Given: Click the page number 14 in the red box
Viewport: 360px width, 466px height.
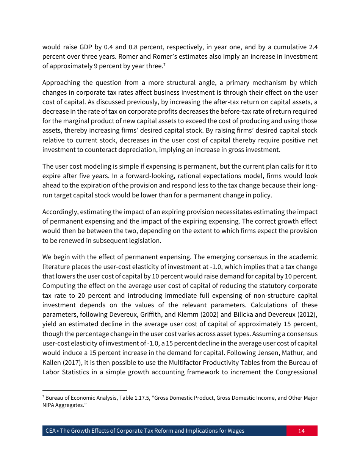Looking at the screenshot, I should [x=301, y=431].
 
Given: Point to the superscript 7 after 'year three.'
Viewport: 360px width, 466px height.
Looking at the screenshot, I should [x=163, y=64].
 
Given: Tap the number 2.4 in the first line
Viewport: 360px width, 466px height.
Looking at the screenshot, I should [x=313, y=47].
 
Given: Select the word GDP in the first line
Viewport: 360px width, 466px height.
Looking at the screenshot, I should [x=86, y=47].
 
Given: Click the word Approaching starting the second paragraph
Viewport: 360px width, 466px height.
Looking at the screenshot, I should [x=61, y=83].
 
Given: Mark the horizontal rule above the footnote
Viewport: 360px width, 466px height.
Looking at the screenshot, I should [x=85, y=390].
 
